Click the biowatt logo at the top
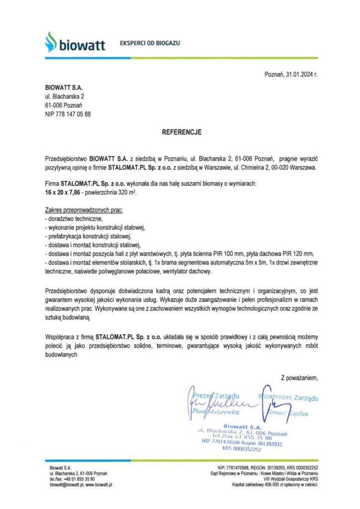click(x=75, y=43)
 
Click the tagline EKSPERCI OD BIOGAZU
click(x=150, y=43)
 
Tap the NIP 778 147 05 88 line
click(x=68, y=114)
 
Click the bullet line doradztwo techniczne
click(x=75, y=219)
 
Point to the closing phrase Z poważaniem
click(x=298, y=379)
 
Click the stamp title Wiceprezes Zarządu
click(x=289, y=398)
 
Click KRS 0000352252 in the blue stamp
click(x=242, y=449)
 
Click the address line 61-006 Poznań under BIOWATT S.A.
click(x=59, y=105)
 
